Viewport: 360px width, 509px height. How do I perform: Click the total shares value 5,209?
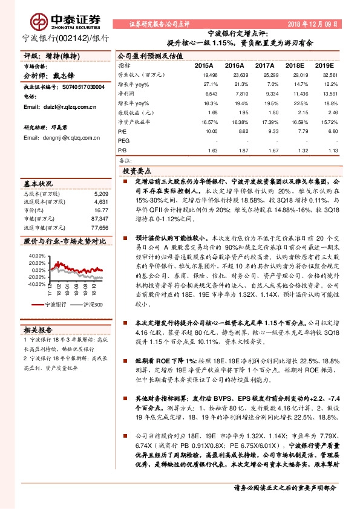click(x=101, y=193)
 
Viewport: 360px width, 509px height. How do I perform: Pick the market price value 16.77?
click(x=101, y=210)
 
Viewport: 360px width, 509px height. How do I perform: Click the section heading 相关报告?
click(x=38, y=330)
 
